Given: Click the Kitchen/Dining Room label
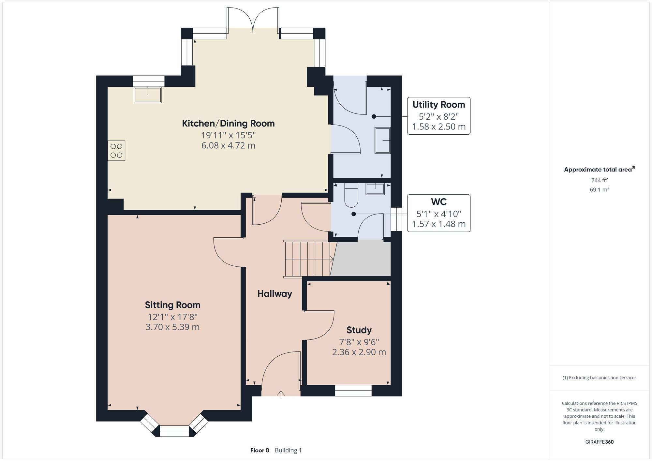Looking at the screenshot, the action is click(x=228, y=124).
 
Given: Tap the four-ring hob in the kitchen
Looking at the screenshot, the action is click(x=116, y=151).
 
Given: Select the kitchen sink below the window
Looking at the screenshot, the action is click(x=148, y=95).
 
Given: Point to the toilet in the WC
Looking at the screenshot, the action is click(x=351, y=195).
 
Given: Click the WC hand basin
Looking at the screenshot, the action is click(x=375, y=189).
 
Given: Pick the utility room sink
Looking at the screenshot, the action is click(x=382, y=140).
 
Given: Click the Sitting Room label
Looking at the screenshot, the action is click(x=173, y=305).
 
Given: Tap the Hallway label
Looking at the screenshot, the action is click(x=274, y=294).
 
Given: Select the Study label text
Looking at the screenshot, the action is click(x=359, y=330).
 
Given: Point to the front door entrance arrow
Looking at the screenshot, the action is click(x=281, y=395).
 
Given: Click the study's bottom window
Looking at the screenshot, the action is click(x=353, y=391).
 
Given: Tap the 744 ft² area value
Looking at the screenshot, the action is click(x=600, y=180).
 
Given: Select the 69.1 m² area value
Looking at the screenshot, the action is click(x=600, y=189).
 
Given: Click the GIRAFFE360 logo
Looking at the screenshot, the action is click(x=600, y=442).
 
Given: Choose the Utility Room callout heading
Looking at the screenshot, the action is click(x=439, y=105).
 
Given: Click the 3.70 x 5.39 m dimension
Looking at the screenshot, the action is click(x=172, y=327).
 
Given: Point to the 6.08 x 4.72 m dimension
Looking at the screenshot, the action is click(x=228, y=145).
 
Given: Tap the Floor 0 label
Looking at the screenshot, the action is click(x=260, y=450).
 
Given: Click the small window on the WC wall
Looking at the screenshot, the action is click(x=396, y=219).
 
